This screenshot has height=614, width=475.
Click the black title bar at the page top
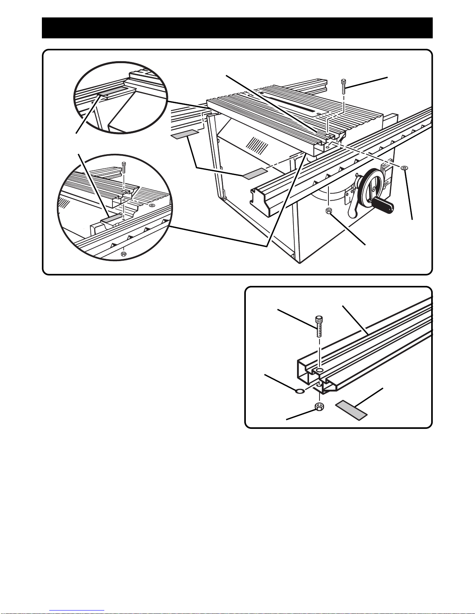237,28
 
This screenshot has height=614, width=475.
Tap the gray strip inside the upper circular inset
113,91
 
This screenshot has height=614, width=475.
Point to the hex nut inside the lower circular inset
123,254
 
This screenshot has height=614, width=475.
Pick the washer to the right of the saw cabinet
404,167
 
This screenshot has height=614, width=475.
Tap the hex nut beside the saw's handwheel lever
329,210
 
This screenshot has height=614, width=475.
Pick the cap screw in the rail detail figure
318,326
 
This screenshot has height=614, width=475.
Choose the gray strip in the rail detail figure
351,410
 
